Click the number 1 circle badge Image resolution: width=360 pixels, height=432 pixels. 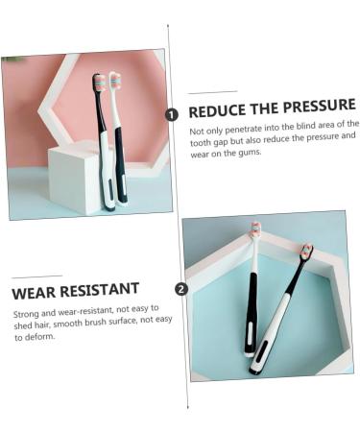tap(172, 113)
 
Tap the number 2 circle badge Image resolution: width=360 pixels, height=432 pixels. tap(182, 288)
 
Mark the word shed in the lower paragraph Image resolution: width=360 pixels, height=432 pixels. tap(23, 325)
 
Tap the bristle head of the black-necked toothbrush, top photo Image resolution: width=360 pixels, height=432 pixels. tap(98, 84)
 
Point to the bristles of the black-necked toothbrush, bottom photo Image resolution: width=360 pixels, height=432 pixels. tap(307, 252)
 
